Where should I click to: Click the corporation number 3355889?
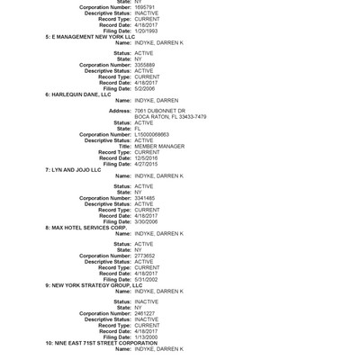[x=144, y=65]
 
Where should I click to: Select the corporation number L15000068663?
[x=151, y=134]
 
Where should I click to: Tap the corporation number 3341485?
[x=144, y=198]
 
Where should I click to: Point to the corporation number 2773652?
[x=144, y=256]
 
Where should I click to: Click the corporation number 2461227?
[x=144, y=313]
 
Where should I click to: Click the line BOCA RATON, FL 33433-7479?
[x=170, y=117]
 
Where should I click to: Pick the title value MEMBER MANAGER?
[x=159, y=146]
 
